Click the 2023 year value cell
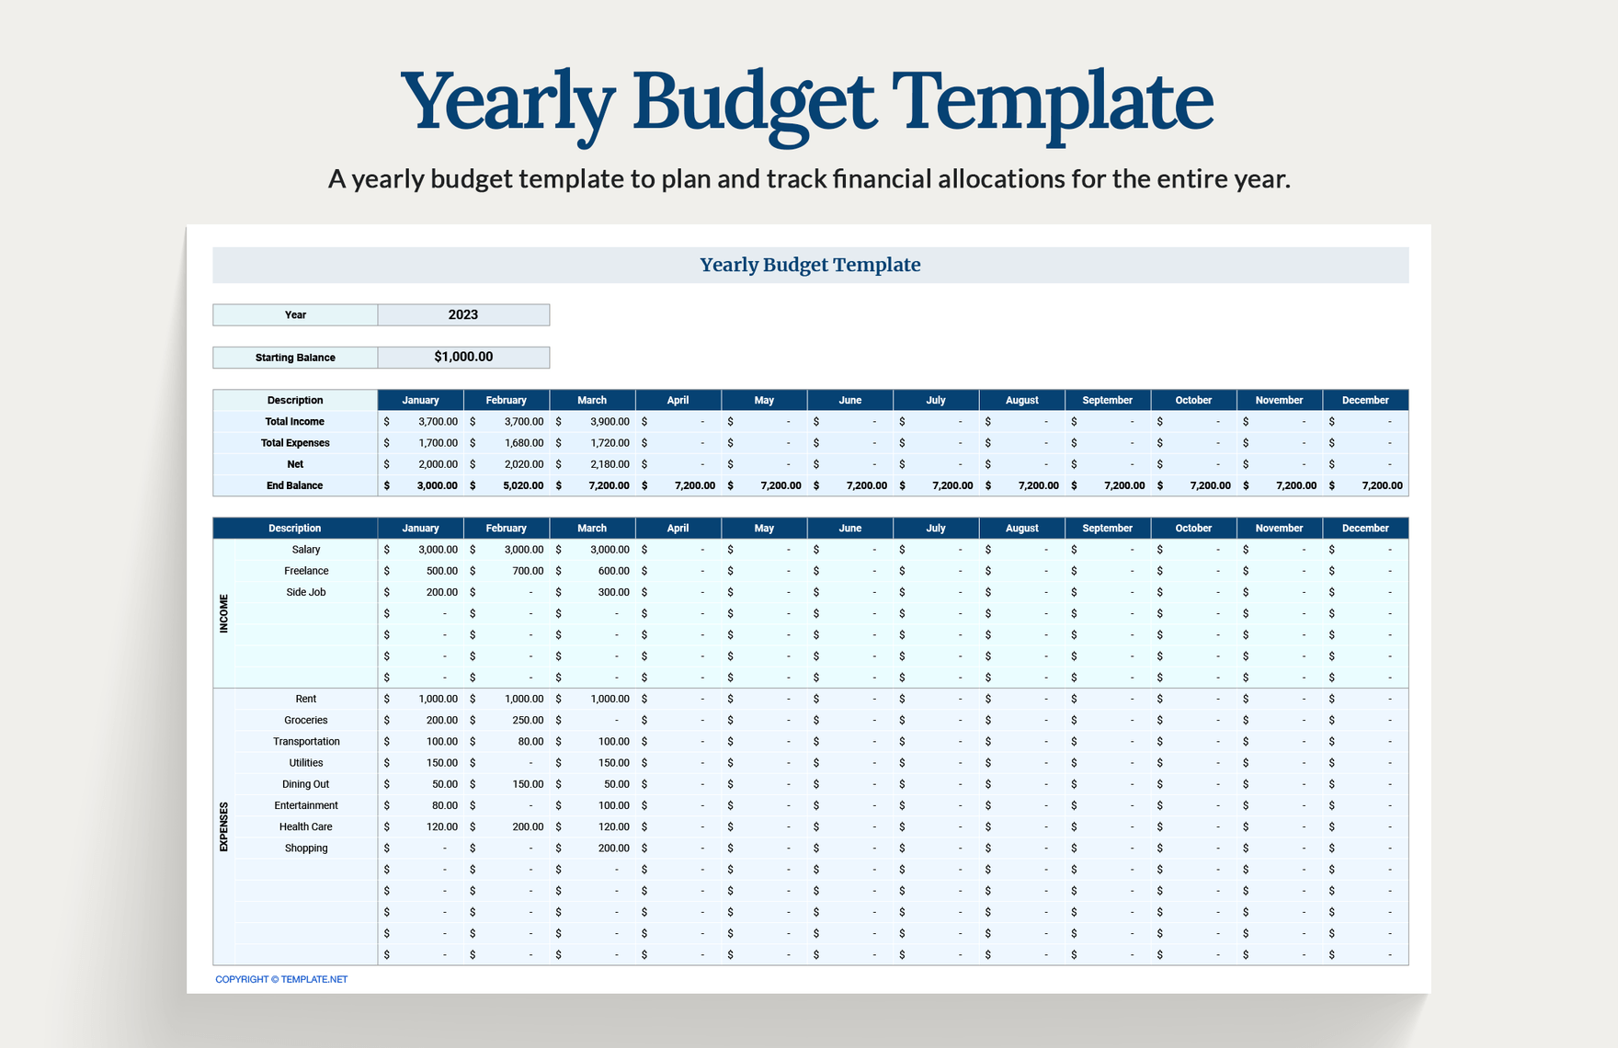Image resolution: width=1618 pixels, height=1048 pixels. [x=463, y=314]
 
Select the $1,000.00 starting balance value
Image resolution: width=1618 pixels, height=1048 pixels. [x=463, y=357]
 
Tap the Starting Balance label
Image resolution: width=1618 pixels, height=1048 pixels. [x=295, y=358]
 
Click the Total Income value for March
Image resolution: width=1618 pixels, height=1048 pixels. [x=610, y=421]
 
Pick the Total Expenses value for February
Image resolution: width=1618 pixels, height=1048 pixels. [x=523, y=443]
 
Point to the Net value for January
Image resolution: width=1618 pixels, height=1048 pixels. [x=438, y=464]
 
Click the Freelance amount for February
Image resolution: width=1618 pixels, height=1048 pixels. [x=528, y=571]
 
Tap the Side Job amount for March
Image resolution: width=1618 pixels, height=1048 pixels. [x=613, y=592]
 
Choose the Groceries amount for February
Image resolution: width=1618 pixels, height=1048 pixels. [x=528, y=720]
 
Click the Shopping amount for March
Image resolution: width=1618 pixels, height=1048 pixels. [x=613, y=848]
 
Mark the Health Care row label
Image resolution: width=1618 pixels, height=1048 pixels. [x=306, y=826]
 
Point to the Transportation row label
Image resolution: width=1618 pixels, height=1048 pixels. [x=306, y=742]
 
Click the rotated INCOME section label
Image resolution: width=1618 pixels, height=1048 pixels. [x=223, y=613]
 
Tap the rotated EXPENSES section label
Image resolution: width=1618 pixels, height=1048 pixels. [x=223, y=826]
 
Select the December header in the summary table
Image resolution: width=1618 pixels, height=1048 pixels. [x=1365, y=400]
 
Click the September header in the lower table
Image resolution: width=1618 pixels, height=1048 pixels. [x=1107, y=528]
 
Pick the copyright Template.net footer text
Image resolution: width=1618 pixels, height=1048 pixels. [x=281, y=979]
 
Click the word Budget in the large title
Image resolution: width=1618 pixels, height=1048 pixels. [x=753, y=101]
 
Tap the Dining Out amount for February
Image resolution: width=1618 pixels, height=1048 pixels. [x=528, y=784]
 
